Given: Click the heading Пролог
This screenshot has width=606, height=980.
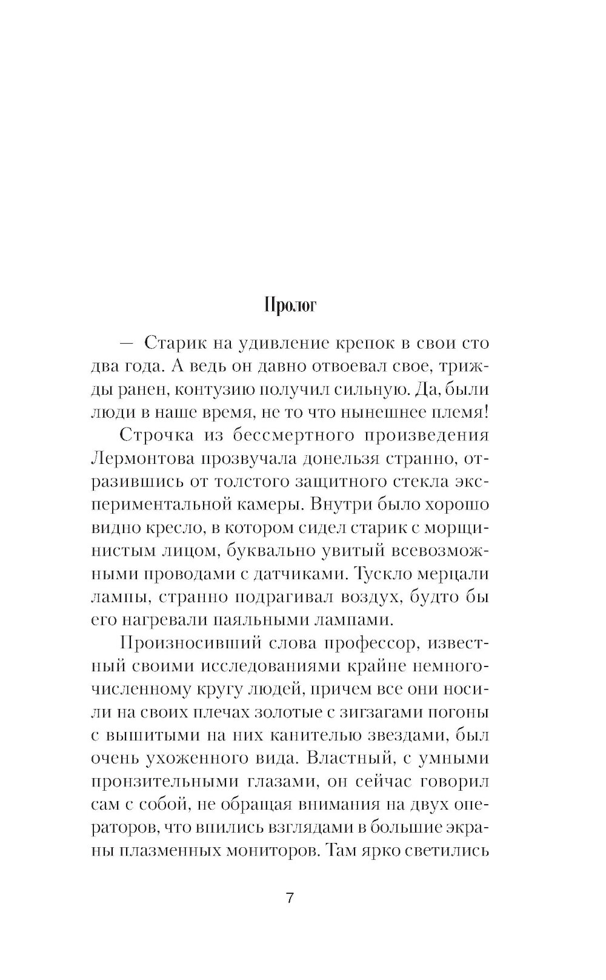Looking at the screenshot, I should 290,306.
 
